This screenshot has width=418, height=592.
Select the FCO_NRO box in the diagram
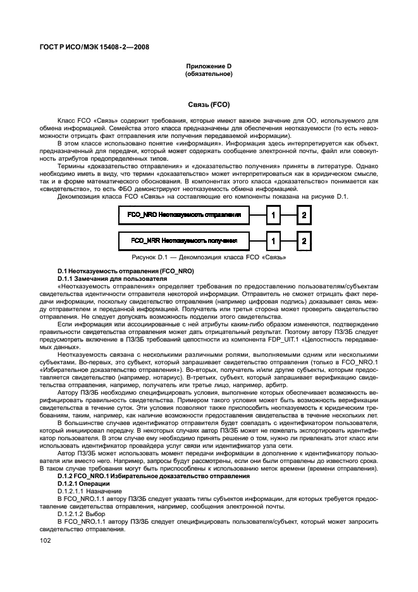184,216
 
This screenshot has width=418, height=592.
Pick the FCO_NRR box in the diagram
184,241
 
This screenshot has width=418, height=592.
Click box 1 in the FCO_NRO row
273,216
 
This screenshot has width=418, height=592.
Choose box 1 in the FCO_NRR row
273,241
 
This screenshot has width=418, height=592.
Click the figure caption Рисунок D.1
209,257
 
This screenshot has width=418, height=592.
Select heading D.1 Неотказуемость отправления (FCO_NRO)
125,271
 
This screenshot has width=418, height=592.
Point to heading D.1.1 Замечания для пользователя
104,278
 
